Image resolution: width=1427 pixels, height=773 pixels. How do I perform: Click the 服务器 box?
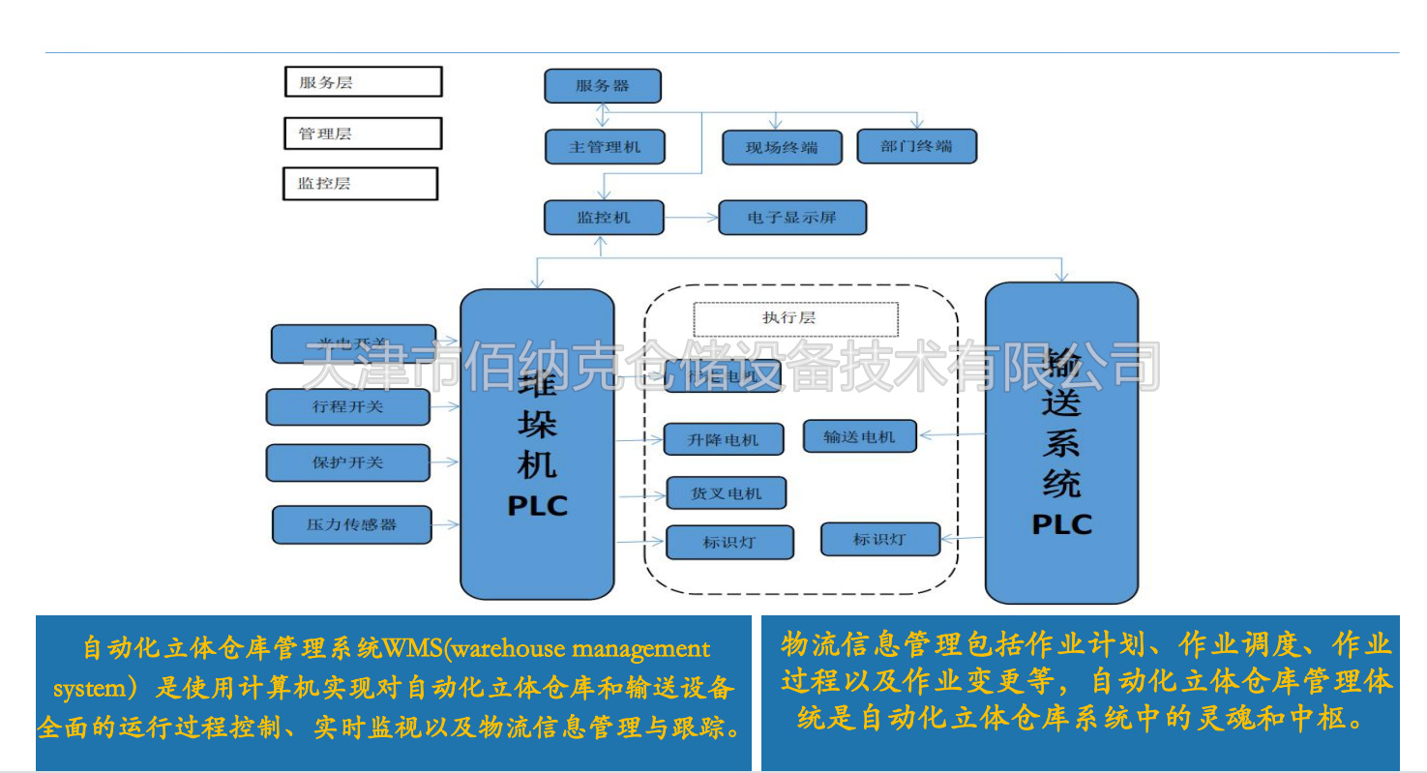point(603,86)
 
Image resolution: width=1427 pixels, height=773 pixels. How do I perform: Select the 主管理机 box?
point(605,147)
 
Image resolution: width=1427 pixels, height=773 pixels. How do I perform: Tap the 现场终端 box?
point(781,148)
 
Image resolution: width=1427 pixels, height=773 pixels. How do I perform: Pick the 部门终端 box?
point(917,146)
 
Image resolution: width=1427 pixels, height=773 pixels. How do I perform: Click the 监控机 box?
point(604,218)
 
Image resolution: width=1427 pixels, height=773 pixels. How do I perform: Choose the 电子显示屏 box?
point(791,218)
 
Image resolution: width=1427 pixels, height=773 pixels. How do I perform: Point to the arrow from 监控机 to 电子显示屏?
point(691,218)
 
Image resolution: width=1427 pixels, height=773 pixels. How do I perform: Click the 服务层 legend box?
point(363,82)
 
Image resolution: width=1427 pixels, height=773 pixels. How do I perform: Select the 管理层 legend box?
point(363,134)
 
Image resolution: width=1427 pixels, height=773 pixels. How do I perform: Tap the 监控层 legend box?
point(360,183)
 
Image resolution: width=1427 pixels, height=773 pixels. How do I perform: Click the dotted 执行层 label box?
point(795,318)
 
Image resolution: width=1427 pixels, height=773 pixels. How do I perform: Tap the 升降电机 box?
point(723,440)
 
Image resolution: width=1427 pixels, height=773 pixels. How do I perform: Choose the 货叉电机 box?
point(726,493)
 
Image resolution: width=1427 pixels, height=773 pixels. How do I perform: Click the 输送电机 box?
point(860,436)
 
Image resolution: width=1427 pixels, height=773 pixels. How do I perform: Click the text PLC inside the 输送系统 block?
point(1061,524)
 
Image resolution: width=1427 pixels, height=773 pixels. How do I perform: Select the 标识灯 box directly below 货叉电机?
point(729,542)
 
